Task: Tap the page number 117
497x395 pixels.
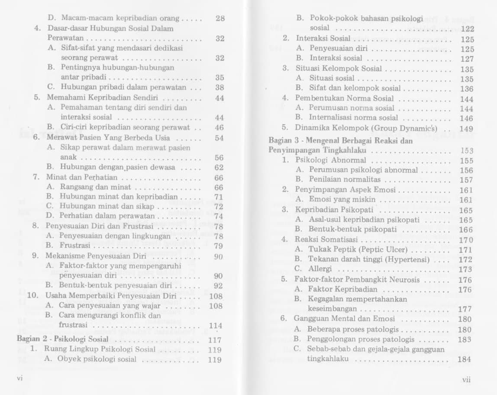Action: pyautogui.click(x=215, y=340)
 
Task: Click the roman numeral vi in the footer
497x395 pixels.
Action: pyautogui.click(x=19, y=378)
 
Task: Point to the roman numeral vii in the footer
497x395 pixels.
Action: pyautogui.click(x=466, y=380)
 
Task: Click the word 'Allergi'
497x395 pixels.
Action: pyautogui.click(x=319, y=269)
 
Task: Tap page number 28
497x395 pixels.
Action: pyautogui.click(x=219, y=19)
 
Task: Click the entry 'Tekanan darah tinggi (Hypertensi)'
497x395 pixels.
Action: pyautogui.click(x=369, y=259)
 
